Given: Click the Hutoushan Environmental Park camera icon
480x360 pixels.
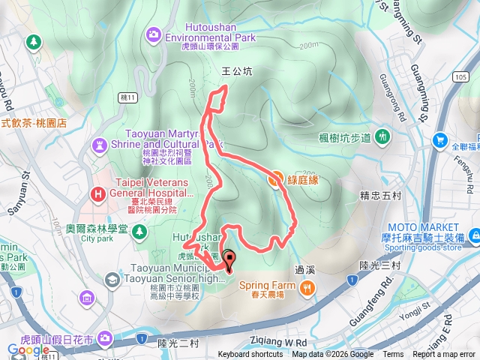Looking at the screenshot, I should (154, 33).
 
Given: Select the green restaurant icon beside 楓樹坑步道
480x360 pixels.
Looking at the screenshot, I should (383, 136).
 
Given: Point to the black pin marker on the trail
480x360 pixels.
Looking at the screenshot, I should (228, 259).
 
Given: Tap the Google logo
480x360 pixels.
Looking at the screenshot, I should (28, 349).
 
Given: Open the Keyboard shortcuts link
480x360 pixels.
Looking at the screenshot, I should (250, 355).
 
